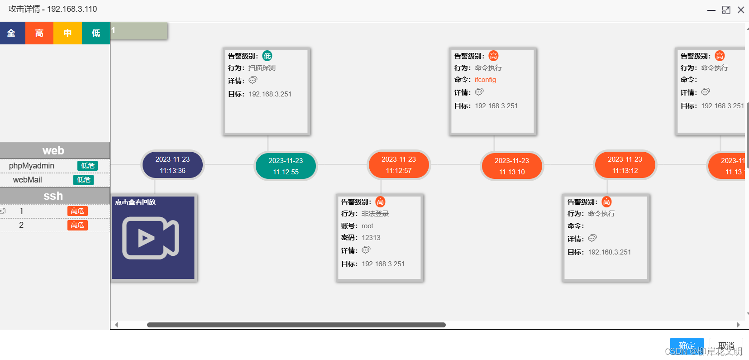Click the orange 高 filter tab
(39, 33)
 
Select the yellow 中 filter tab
(67, 33)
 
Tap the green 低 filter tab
(96, 33)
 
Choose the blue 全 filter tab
(11, 33)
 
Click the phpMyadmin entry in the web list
(32, 166)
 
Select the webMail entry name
(27, 180)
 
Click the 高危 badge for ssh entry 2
(77, 225)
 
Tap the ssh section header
(53, 196)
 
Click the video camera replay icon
(150, 238)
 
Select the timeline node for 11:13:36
(172, 165)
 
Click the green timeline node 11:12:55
(286, 166)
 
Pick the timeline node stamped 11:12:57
(399, 165)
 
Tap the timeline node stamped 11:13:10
(512, 166)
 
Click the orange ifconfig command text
(485, 80)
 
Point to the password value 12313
(371, 238)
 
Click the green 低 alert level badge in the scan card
(267, 56)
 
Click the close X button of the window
(741, 10)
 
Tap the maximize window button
(726, 10)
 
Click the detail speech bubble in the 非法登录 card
(366, 250)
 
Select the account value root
(367, 226)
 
